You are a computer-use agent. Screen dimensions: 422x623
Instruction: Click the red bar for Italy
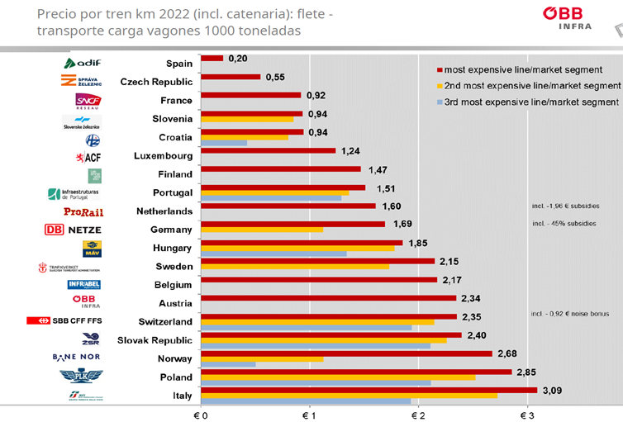[369, 390]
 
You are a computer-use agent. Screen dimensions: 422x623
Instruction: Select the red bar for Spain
[212, 58]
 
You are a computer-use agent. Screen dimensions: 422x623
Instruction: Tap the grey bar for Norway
[228, 364]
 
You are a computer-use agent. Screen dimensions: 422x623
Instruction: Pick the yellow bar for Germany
[262, 229]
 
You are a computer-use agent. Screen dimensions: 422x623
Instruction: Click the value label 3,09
[551, 390]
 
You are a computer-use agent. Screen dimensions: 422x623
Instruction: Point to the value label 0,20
[238, 59]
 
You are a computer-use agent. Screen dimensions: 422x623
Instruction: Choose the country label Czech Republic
[156, 82]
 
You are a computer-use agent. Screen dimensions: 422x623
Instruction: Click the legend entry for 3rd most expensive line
[528, 102]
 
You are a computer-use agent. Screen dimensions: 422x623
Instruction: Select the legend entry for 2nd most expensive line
[529, 85]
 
